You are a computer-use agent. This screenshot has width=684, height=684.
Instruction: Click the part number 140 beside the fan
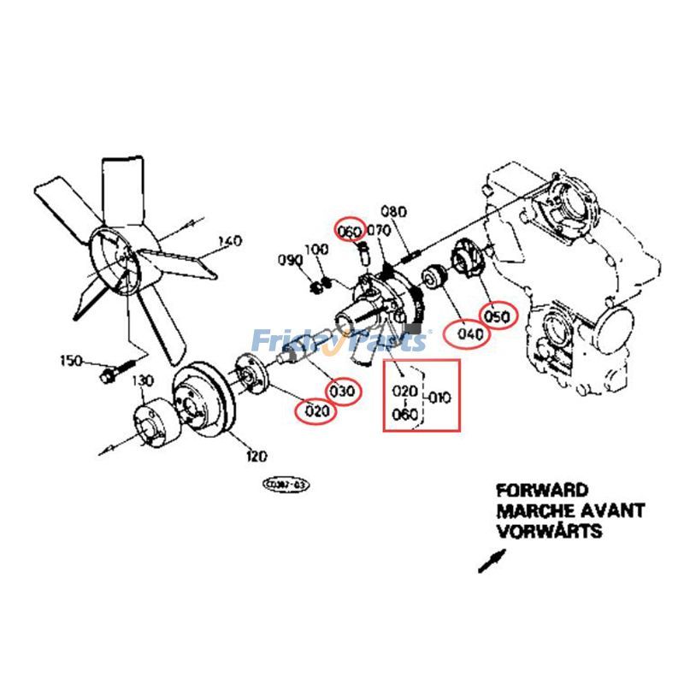pos(230,240)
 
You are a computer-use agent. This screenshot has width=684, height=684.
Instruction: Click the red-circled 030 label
pos(342,391)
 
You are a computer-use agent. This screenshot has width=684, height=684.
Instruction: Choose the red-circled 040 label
pos(470,334)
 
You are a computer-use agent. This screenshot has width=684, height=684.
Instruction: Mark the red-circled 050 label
pos(498,316)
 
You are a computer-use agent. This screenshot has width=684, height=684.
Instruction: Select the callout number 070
pos(378,231)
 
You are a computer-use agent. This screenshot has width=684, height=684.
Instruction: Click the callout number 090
pos(291,260)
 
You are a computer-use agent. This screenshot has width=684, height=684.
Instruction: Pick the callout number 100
pos(317,249)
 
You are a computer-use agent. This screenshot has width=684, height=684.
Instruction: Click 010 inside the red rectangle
pos(438,398)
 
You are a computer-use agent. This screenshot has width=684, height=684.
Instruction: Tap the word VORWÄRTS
pos(548,531)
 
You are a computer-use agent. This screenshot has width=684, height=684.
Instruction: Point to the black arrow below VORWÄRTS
pos(492,561)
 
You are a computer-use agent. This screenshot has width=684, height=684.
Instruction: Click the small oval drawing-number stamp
pos(286,486)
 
